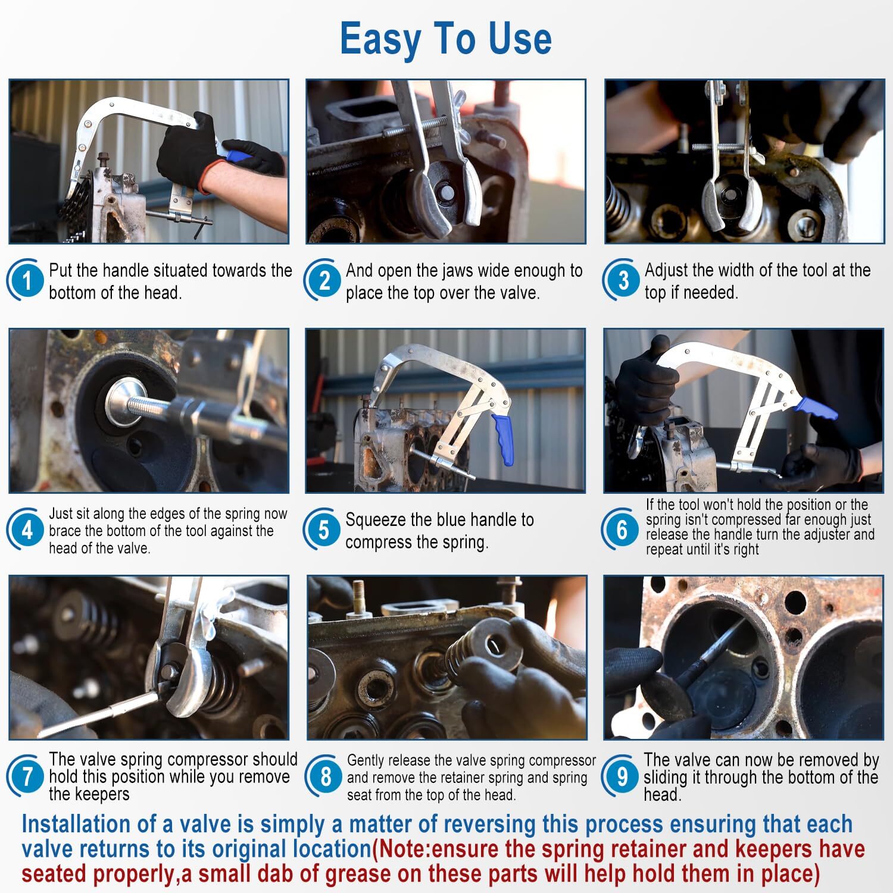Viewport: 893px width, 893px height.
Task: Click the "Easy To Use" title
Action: coord(446,39)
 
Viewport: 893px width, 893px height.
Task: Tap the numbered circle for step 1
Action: coord(27,280)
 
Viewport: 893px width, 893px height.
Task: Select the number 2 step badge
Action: coord(324,280)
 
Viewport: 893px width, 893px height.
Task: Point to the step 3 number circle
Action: coord(622,280)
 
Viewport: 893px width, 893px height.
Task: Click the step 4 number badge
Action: coord(27,529)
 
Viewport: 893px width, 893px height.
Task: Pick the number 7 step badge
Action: coord(27,776)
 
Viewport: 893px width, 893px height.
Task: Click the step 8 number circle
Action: coord(324,776)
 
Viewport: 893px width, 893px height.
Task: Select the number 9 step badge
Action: coord(621,776)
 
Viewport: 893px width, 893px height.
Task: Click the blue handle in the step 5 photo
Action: coord(502,439)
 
